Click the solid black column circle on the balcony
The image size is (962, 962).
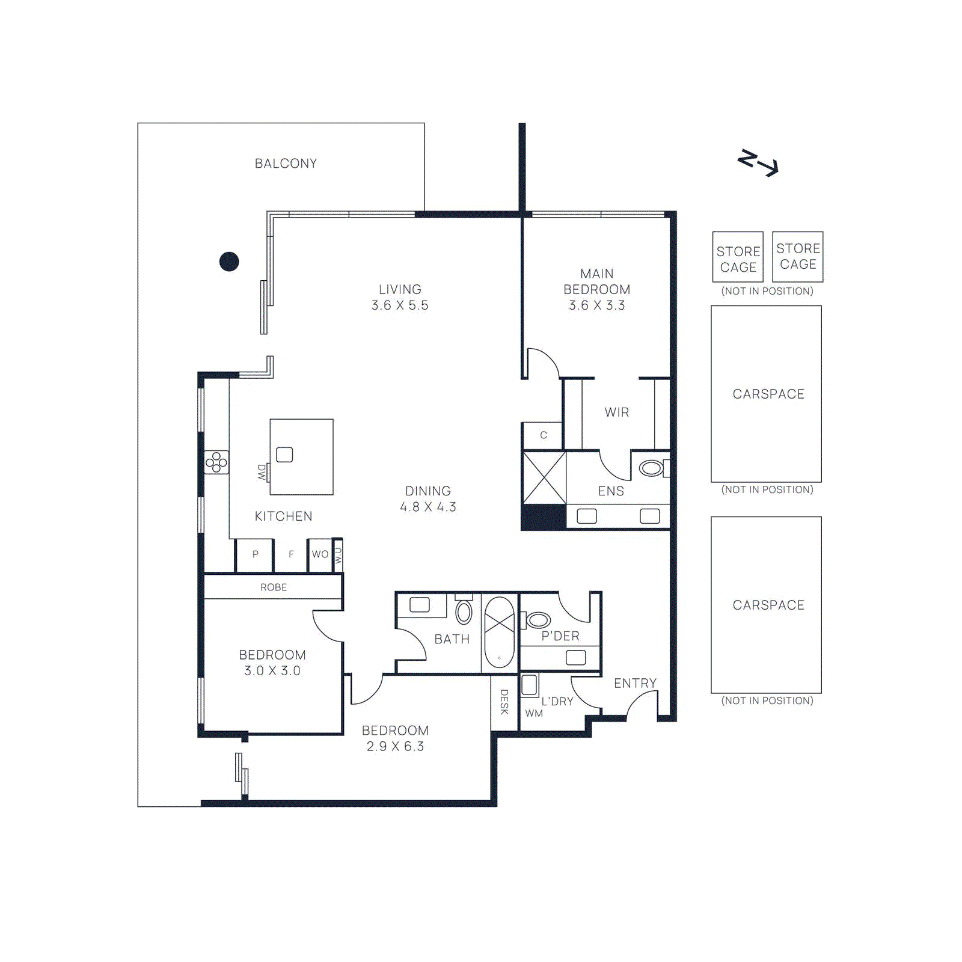pyautogui.click(x=229, y=262)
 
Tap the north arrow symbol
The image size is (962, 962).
pyautogui.click(x=758, y=162)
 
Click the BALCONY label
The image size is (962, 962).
pyautogui.click(x=286, y=164)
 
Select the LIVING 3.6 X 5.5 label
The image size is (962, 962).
pyautogui.click(x=400, y=298)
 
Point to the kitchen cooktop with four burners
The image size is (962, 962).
pyautogui.click(x=216, y=462)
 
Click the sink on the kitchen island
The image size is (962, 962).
pyautogui.click(x=284, y=455)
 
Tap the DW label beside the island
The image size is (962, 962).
pyautogui.click(x=262, y=472)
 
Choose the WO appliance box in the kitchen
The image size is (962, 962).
pyautogui.click(x=320, y=554)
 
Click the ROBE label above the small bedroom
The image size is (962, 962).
pyautogui.click(x=274, y=587)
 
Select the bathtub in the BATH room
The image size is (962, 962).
pyautogui.click(x=499, y=632)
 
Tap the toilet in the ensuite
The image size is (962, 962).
pyautogui.click(x=652, y=468)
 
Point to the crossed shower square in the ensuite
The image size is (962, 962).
pyautogui.click(x=544, y=478)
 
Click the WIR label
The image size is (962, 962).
pyautogui.click(x=617, y=412)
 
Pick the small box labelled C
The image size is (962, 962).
pyautogui.click(x=543, y=435)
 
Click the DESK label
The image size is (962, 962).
pyautogui.click(x=504, y=702)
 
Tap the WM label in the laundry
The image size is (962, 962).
pyautogui.click(x=534, y=714)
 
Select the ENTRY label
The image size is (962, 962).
pyautogui.click(x=635, y=684)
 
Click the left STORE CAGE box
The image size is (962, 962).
pyautogui.click(x=738, y=257)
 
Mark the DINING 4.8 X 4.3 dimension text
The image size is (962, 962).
pyautogui.click(x=428, y=507)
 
